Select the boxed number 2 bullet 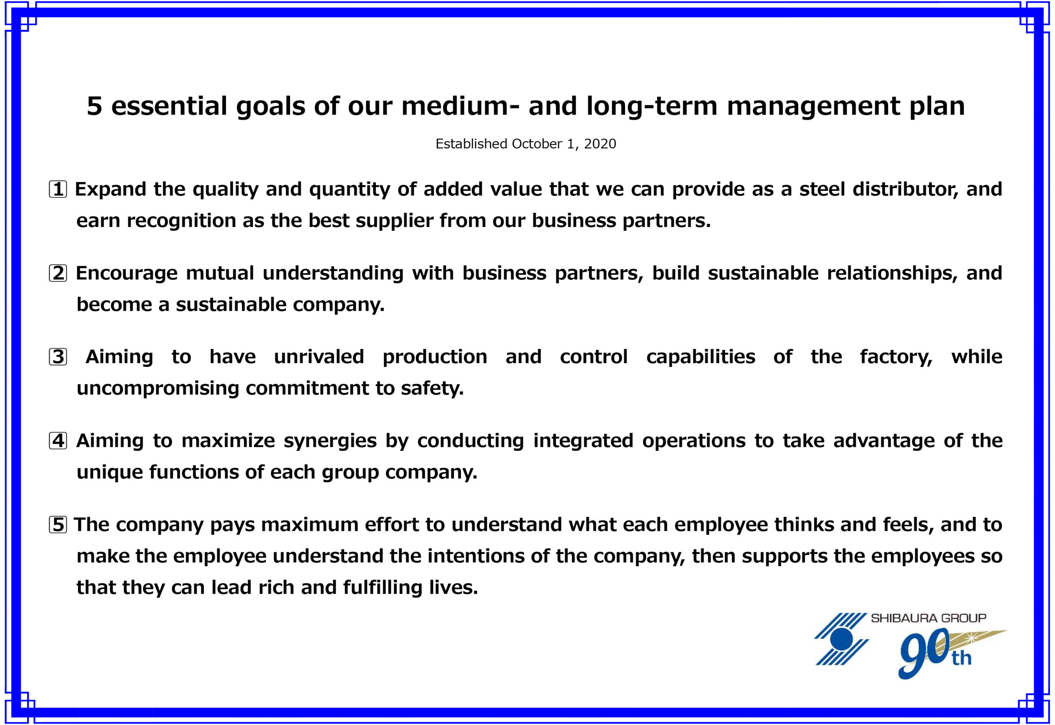pos(58,273)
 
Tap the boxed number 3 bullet pos(58,357)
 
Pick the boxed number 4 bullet pos(58,441)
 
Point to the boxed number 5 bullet pos(58,525)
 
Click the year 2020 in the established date pos(600,144)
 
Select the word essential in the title pos(169,106)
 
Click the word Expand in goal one pos(110,190)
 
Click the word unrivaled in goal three pos(319,357)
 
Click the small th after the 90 pos(961,658)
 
